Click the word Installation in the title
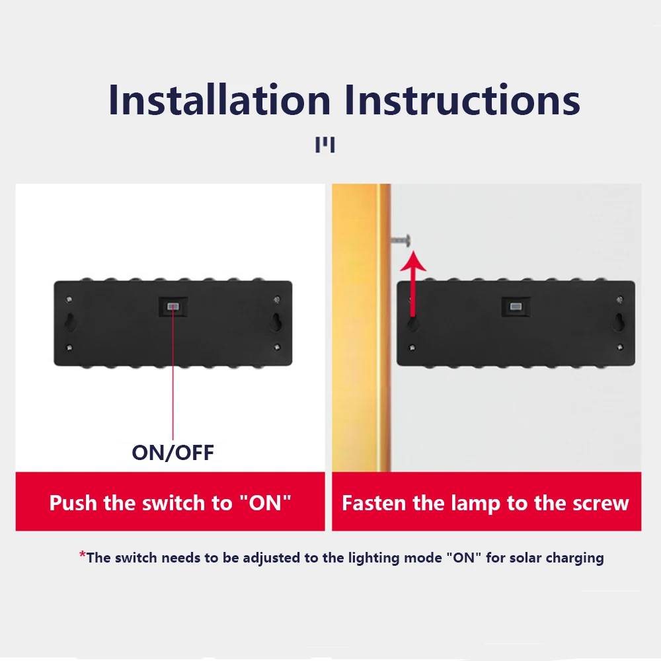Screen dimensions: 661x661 [x=219, y=100]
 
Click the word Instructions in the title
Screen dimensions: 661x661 [x=463, y=100]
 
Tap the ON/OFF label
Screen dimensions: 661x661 [x=173, y=453]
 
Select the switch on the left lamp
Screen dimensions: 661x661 [x=173, y=307]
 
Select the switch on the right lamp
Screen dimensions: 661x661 [x=516, y=307]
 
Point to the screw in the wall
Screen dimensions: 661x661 [x=401, y=240]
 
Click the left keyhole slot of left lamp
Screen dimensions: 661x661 [x=69, y=322]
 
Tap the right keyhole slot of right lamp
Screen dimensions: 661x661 [x=619, y=322]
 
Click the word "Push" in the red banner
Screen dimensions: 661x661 [x=73, y=503]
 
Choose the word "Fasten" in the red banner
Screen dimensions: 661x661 [x=375, y=504]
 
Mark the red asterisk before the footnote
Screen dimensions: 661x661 [x=83, y=555]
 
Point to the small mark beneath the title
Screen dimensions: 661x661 [x=325, y=145]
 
